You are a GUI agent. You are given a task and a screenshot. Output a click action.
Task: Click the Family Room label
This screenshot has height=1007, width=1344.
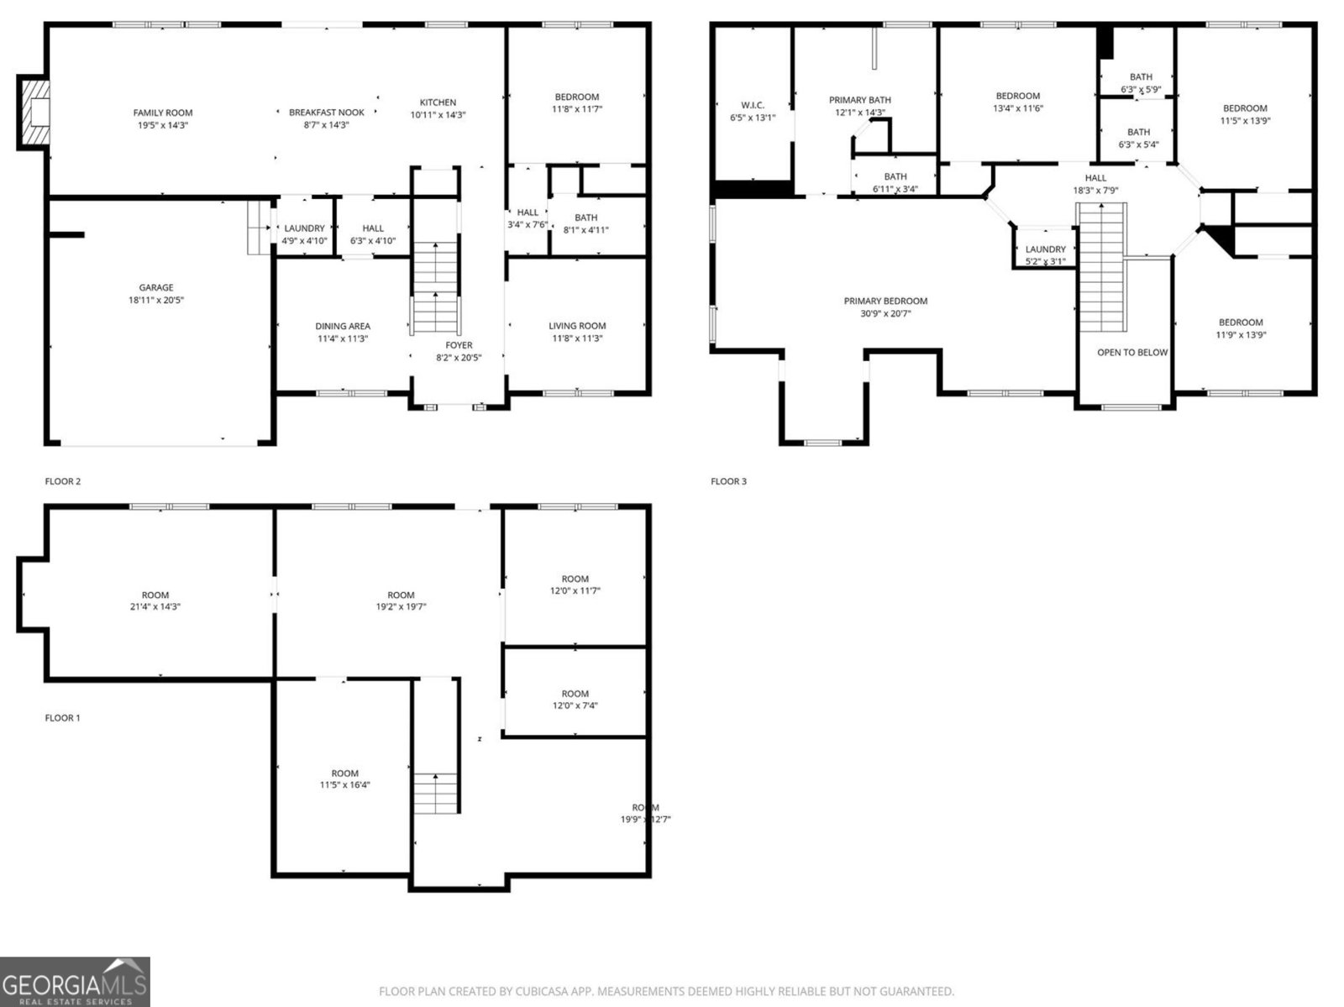point(163,113)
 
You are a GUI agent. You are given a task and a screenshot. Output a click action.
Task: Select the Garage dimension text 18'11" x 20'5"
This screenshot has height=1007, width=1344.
point(156,300)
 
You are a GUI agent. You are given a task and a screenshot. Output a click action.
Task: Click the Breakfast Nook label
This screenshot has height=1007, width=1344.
point(327,113)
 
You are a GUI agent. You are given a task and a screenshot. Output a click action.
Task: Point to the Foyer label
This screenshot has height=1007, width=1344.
point(459,345)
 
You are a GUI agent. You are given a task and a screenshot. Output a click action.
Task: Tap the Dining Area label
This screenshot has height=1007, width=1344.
point(343,326)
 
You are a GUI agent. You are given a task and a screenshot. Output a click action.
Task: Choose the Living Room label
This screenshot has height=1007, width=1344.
point(577,326)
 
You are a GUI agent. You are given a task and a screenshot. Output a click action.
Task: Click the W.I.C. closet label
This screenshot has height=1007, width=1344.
point(752,105)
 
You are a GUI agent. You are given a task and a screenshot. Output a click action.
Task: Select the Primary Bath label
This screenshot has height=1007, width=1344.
point(859,100)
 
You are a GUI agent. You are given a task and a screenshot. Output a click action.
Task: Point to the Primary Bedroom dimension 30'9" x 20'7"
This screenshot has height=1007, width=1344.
point(885,313)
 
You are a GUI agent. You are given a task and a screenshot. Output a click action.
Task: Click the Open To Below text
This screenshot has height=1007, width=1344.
point(1132,352)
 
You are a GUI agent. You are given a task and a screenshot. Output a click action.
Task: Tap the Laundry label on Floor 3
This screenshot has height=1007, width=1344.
point(1045,249)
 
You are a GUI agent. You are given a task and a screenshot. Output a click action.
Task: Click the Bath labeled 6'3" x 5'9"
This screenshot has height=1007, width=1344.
point(1140,82)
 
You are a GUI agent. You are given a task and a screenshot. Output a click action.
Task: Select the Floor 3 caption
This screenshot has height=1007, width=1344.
point(728,481)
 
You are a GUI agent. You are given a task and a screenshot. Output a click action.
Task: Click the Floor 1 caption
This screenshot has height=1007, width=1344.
point(63,718)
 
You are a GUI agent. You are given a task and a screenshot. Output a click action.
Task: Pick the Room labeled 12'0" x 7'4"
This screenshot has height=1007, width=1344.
point(575,699)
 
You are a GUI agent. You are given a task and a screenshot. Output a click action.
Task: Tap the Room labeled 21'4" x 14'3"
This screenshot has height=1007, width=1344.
point(155,601)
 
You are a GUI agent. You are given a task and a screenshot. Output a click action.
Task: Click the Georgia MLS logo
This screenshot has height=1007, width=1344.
point(75,982)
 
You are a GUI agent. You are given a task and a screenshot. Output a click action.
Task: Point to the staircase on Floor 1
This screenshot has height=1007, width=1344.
point(436,793)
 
